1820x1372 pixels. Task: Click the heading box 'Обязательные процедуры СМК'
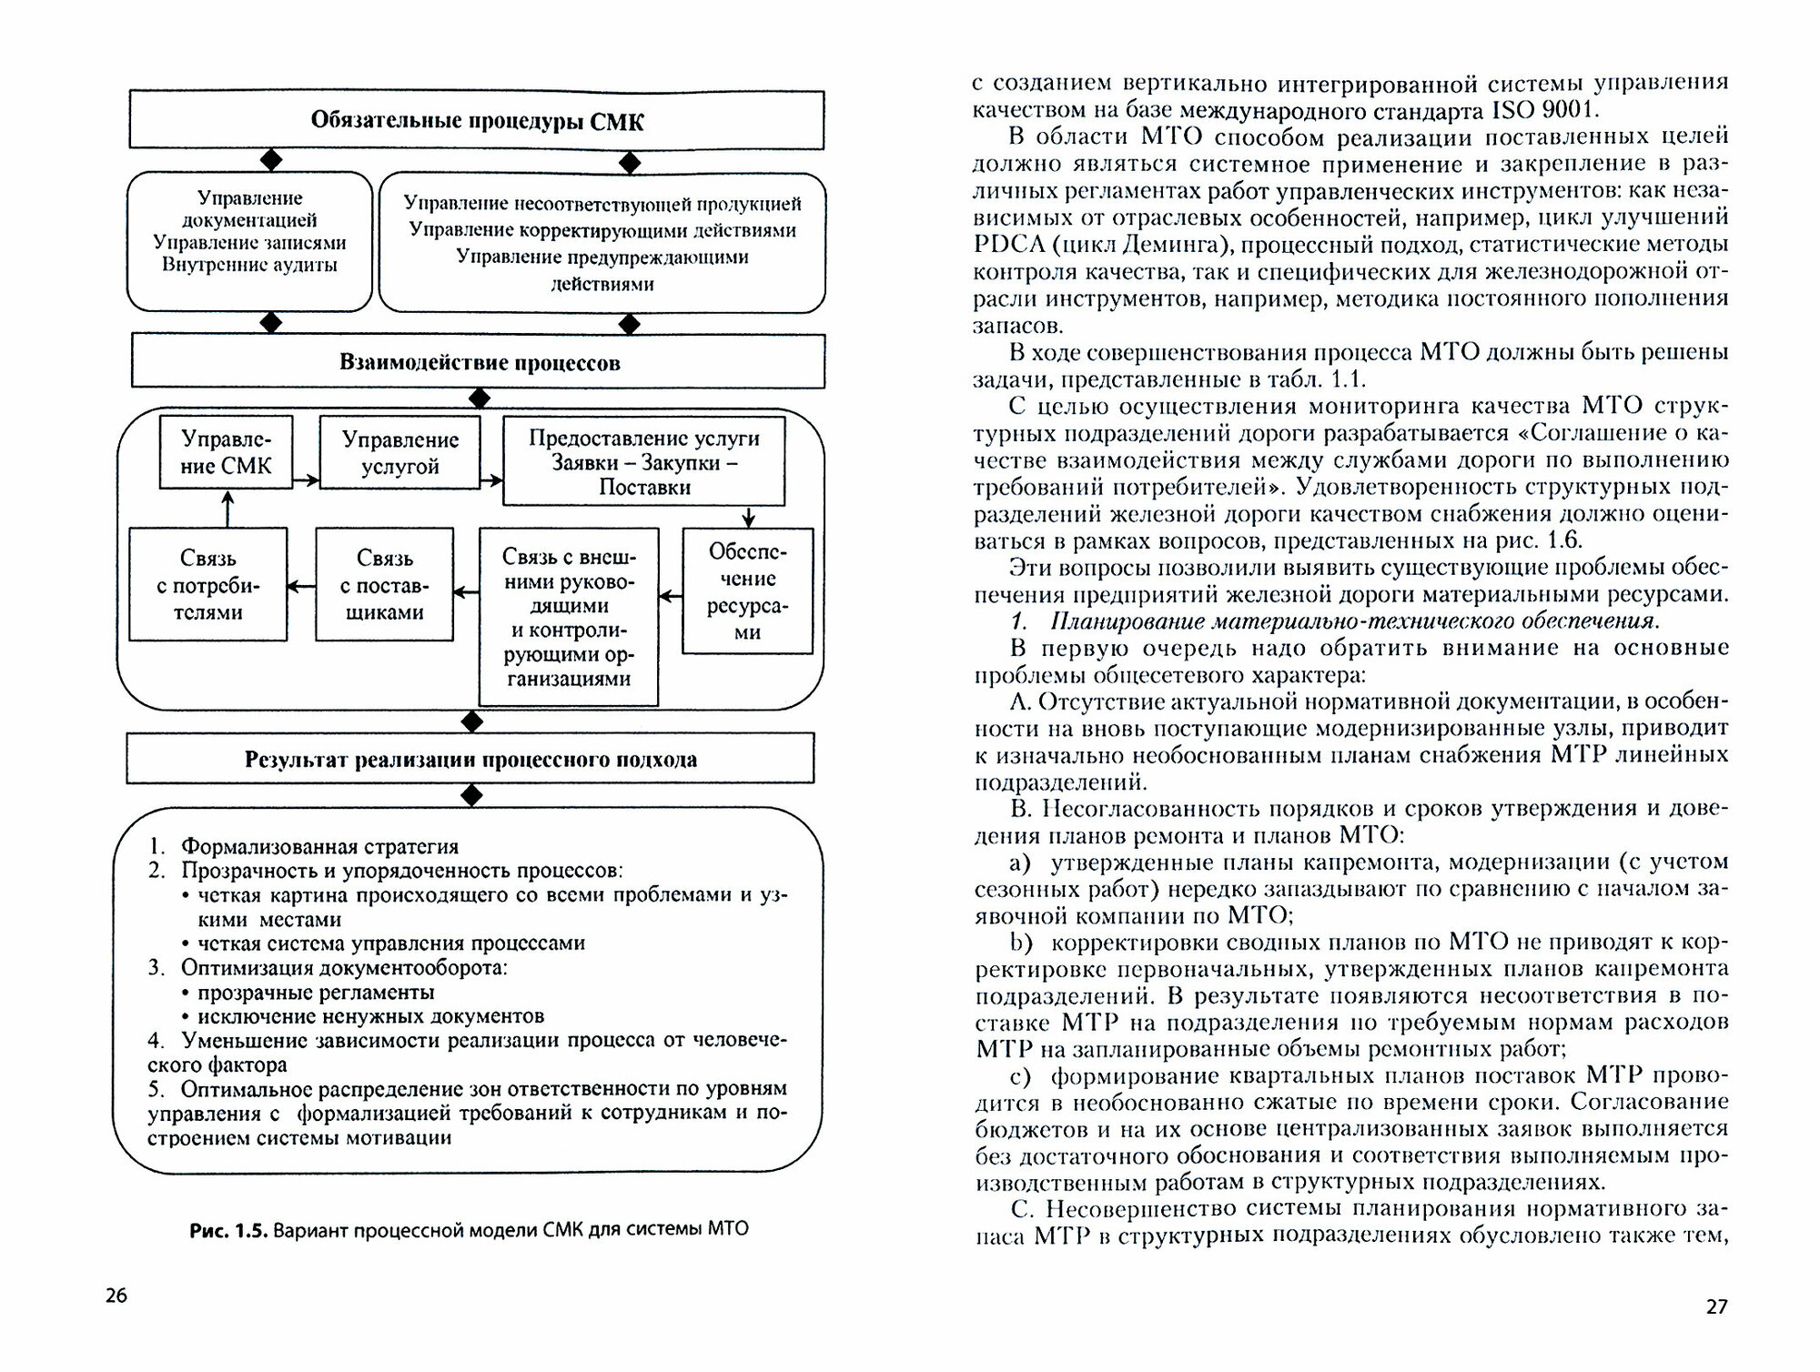tap(477, 120)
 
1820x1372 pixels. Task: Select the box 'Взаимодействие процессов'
tap(479, 362)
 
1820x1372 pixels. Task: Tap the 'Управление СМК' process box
tap(227, 452)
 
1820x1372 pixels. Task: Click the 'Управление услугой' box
tap(399, 453)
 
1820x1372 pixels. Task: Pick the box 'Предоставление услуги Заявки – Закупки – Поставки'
tap(644, 461)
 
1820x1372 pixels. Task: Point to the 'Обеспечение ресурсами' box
tap(747, 590)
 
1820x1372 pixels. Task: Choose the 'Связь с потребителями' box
tap(208, 585)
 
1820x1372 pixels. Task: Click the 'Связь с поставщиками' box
tap(384, 585)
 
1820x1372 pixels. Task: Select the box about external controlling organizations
tap(568, 617)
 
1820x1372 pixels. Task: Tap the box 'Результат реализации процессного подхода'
tap(470, 760)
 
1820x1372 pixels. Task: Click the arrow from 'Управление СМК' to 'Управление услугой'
tap(307, 479)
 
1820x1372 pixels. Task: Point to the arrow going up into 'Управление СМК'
tap(227, 509)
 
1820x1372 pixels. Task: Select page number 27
tap(1716, 1306)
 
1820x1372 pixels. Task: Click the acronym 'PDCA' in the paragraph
tap(1002, 245)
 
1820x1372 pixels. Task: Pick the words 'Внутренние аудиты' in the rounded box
tap(249, 265)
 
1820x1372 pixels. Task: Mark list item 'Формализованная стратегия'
tap(318, 847)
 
